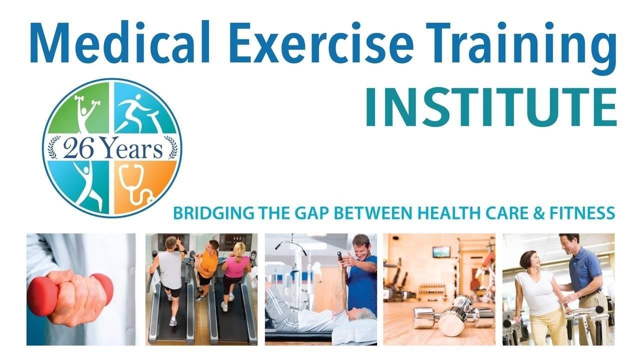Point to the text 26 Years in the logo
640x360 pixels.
click(113, 148)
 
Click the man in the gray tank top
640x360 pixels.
click(171, 275)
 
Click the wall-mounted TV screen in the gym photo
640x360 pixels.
click(441, 251)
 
